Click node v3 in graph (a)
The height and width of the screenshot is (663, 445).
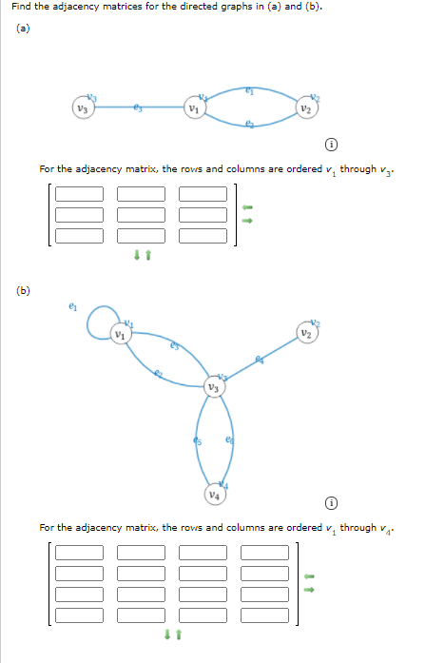pos(83,107)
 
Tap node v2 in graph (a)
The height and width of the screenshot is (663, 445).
pos(306,107)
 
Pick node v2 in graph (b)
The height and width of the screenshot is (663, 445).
pos(306,334)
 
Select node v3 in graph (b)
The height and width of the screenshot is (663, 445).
pos(216,387)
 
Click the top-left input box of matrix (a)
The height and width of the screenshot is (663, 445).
pos(79,193)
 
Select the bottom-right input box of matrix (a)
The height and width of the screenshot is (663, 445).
pos(203,234)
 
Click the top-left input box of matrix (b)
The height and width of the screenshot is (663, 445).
pos(79,552)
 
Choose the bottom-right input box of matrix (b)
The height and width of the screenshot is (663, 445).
pos(264,614)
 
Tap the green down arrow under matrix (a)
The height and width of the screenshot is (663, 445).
pos(137,255)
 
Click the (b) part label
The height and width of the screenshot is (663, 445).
pos(22,290)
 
